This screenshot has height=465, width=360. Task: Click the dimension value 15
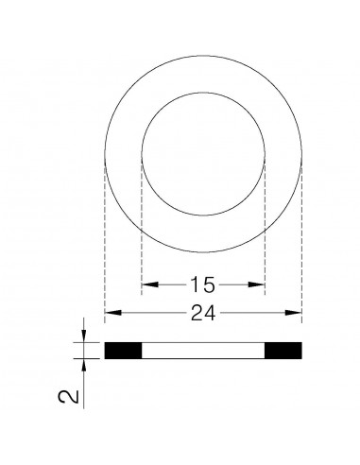point(202,283)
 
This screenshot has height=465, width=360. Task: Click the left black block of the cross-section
point(122,350)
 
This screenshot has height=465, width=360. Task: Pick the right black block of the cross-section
point(283,350)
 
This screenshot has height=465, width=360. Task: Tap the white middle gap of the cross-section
point(202,350)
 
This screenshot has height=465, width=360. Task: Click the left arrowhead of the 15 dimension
point(146,283)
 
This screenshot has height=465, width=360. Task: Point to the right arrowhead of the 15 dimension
point(260,283)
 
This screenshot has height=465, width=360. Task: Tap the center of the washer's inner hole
point(202,154)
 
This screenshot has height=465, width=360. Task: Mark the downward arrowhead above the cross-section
point(86,336)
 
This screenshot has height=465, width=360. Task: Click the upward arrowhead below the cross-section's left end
point(86,365)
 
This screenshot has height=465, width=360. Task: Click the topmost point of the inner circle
point(202,93)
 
